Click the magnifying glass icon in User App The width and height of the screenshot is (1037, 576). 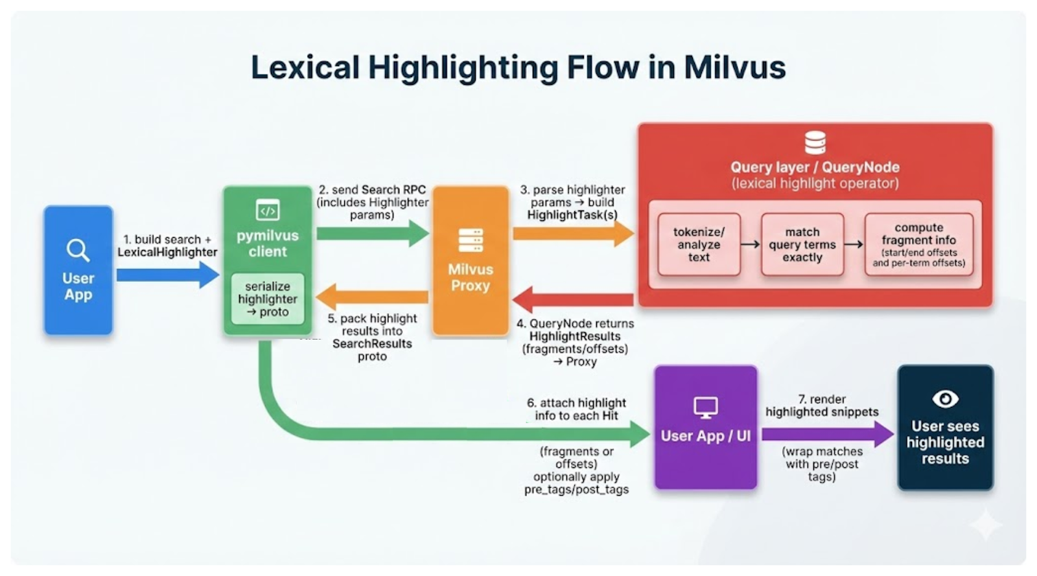78,249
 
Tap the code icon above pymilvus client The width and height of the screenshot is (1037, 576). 268,210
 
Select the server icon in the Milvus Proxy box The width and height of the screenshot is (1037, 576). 471,240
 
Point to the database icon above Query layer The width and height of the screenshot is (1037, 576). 815,142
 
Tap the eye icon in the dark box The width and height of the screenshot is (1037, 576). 945,398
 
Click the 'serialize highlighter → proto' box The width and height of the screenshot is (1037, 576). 268,299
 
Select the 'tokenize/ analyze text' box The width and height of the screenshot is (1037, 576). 699,244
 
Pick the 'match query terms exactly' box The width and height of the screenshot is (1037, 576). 802,244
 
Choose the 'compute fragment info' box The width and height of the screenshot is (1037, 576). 918,244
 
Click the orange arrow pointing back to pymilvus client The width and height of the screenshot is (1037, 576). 372,297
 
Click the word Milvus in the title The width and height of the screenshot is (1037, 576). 734,67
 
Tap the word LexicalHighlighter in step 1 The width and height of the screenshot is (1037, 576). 167,252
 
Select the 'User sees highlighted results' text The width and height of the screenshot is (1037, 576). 945,442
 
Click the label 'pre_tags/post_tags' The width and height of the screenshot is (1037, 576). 576,489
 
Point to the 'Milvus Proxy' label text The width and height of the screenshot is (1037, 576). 471,277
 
